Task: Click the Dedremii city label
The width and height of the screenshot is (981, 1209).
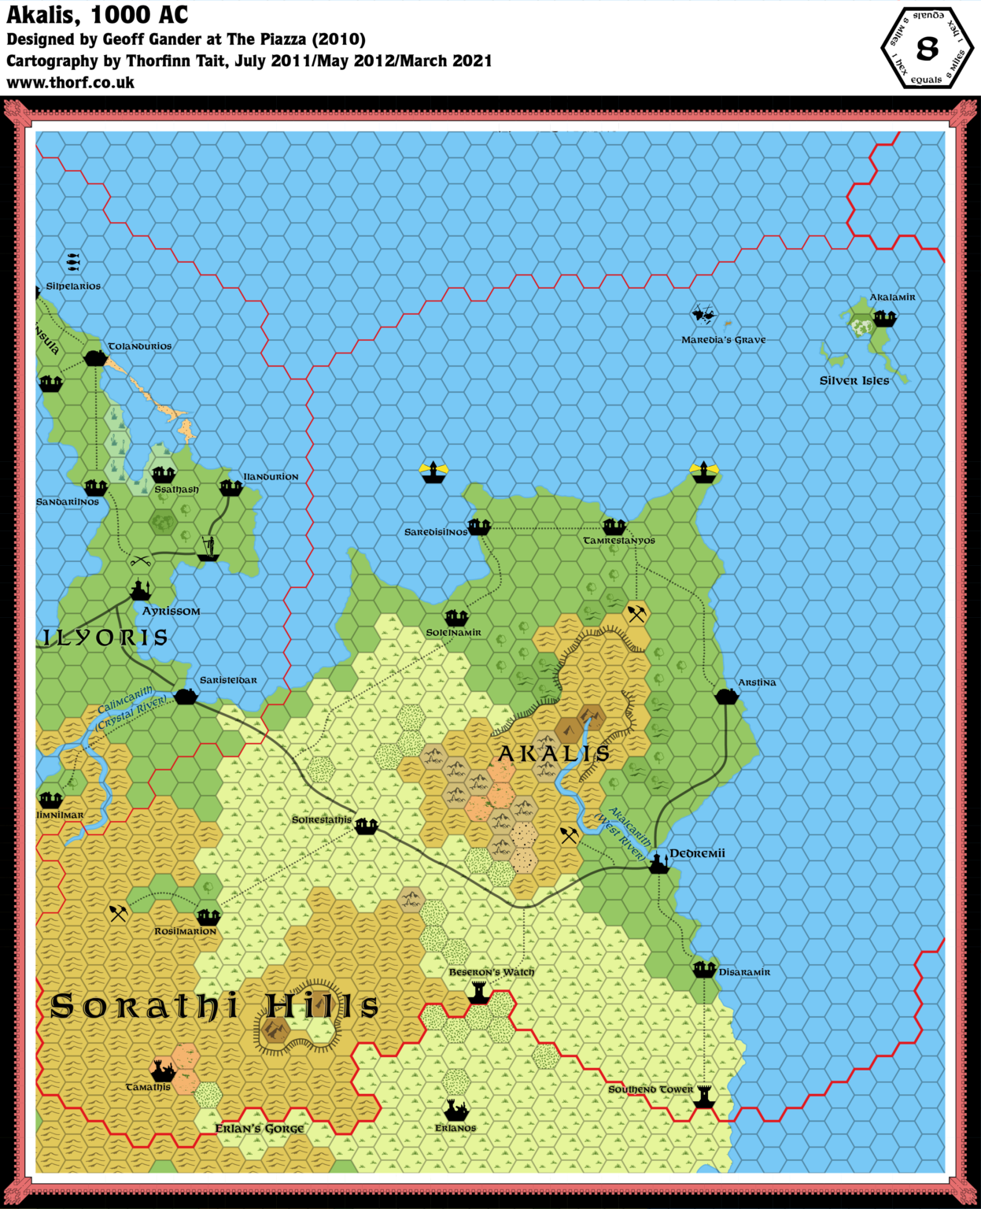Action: point(697,853)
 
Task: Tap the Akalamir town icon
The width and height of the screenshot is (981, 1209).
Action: point(884,317)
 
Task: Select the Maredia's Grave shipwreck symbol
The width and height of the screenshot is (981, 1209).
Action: point(704,316)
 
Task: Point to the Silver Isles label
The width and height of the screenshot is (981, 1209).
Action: point(854,381)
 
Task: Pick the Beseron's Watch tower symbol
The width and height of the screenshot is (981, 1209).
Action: point(478,993)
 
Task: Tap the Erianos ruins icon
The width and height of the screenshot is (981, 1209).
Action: point(455,1111)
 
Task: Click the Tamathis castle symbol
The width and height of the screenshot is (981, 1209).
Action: point(163,1070)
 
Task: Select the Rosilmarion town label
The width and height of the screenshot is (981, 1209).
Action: point(185,931)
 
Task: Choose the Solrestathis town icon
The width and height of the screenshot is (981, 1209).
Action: point(366,826)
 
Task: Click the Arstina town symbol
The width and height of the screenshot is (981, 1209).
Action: point(726,697)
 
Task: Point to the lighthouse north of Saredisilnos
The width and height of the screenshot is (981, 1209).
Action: point(433,471)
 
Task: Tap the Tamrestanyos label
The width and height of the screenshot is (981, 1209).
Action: point(619,541)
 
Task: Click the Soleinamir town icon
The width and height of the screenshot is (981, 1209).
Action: point(456,618)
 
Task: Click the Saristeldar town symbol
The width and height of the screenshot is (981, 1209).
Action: point(186,696)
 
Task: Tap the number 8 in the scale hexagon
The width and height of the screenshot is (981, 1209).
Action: point(928,49)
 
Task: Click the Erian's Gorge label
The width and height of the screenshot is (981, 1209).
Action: point(260,1129)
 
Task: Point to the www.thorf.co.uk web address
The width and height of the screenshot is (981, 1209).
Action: point(71,83)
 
